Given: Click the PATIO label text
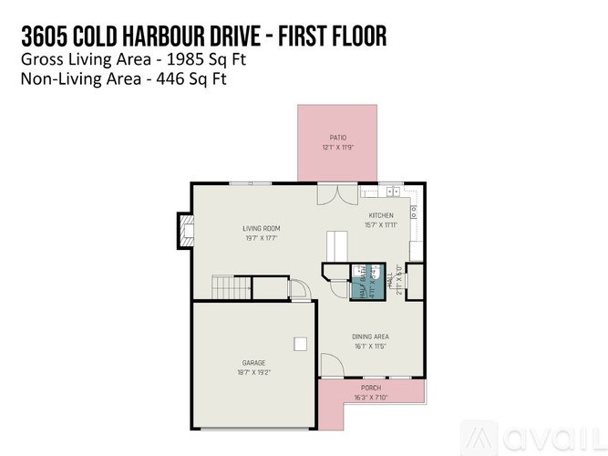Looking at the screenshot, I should click(337, 138).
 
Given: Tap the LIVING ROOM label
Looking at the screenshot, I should click(261, 228).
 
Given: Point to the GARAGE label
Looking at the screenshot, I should click(253, 363).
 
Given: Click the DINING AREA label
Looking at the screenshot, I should click(370, 337).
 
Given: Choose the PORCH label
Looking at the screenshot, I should click(371, 388).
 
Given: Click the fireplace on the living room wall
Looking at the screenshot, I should click(185, 231).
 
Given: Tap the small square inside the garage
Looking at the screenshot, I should click(299, 343).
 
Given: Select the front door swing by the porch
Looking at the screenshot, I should click(331, 367).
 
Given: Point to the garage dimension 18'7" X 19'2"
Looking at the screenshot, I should click(253, 372).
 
